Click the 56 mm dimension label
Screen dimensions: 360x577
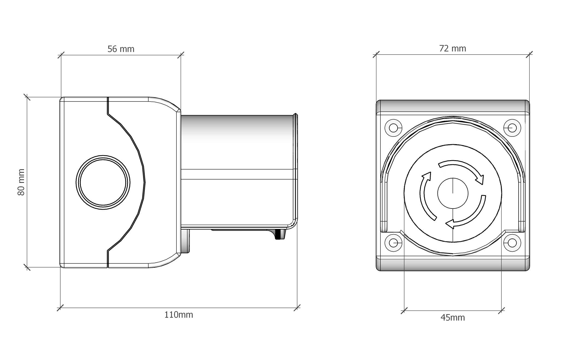[x=121, y=49]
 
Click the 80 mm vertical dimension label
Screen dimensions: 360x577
[x=21, y=182]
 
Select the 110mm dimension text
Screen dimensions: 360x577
[x=179, y=315]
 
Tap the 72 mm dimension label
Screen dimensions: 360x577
[x=452, y=49]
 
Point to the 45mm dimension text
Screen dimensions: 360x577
[x=452, y=318]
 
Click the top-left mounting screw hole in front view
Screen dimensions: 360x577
[x=393, y=128]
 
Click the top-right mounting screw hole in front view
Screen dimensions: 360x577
[x=512, y=128]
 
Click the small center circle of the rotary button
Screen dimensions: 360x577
[x=453, y=194]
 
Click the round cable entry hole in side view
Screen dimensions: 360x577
[x=103, y=183]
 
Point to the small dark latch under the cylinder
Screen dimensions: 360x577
[x=278, y=235]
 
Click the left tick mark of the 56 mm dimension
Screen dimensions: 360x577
[x=61, y=55]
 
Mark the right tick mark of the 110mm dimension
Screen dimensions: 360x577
[x=297, y=308]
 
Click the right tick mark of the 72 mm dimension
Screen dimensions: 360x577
[x=529, y=55]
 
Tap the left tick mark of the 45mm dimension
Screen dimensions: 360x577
[x=404, y=311]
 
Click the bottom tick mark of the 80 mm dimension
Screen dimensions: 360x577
[x=27, y=267]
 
